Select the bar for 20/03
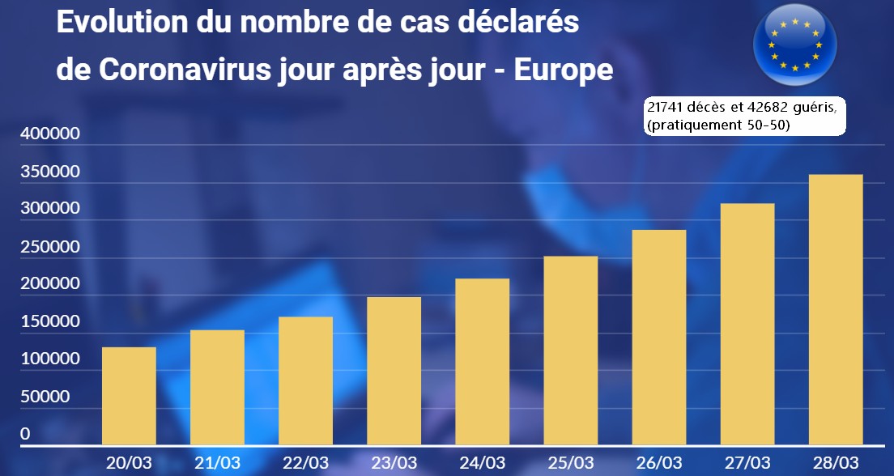tap(129, 395)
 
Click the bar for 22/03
tap(305, 380)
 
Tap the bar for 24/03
tap(483, 361)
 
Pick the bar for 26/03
tap(659, 337)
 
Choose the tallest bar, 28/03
tap(836, 309)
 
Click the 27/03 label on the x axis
tap(748, 463)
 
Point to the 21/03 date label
tap(218, 463)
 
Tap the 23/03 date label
tap(394, 463)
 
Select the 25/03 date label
tap(572, 463)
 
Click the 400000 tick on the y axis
tap(49, 134)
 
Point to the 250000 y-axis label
tap(49, 247)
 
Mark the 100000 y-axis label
tap(49, 359)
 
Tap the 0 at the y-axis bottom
tap(25, 434)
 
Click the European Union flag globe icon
tap(794, 44)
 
